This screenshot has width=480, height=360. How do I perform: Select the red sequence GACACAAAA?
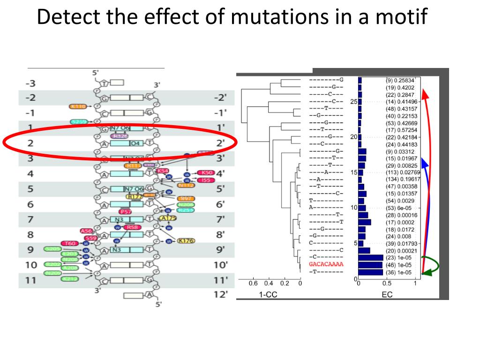326,264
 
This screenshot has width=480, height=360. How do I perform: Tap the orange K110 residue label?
78,107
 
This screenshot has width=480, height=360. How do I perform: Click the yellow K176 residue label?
186,241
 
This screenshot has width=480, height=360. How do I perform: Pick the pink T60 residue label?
71,243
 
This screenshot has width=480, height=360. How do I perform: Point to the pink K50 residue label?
206,173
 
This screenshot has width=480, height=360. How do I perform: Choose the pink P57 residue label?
125,211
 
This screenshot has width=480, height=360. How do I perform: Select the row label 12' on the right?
220,294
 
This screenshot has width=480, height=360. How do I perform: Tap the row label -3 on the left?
30,84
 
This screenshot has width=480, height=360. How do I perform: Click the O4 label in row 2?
135,143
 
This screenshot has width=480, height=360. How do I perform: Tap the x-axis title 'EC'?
387,295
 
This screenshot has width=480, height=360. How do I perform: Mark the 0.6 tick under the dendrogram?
253,283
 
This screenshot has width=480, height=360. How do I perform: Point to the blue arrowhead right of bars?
425,162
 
